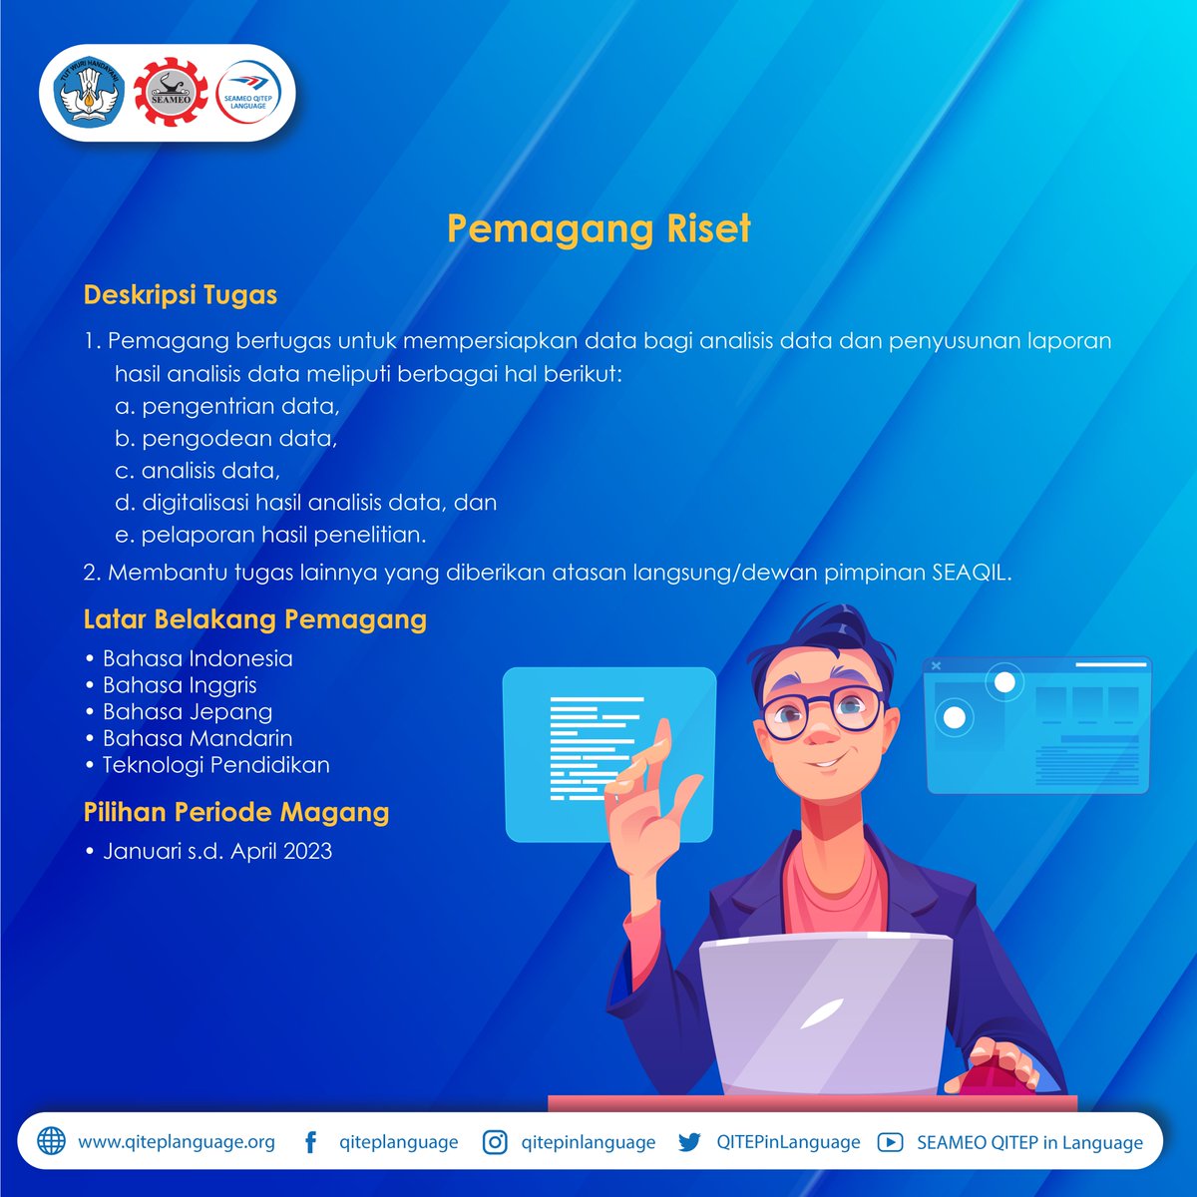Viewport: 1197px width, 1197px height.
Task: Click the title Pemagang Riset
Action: click(x=598, y=228)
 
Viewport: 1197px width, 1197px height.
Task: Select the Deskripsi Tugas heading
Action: click(x=181, y=295)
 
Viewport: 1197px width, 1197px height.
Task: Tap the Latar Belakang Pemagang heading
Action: click(x=255, y=619)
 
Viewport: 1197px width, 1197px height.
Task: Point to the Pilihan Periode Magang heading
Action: click(x=236, y=812)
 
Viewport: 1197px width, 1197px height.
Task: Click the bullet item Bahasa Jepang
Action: click(x=188, y=711)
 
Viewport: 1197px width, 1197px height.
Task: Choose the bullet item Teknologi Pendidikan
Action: click(x=215, y=765)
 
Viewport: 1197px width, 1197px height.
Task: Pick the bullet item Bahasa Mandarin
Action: click(x=198, y=738)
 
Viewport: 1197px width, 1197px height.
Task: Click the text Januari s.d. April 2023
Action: click(x=217, y=851)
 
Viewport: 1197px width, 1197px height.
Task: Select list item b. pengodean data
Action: click(x=226, y=438)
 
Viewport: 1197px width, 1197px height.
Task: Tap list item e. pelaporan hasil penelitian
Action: click(x=270, y=535)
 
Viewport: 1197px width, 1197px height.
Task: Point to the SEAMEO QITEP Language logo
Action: click(x=249, y=93)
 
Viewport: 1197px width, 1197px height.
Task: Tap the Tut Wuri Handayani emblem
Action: click(x=86, y=93)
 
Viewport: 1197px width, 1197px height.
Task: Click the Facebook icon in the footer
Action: click(x=311, y=1142)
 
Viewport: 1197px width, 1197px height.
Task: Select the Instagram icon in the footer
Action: click(x=495, y=1142)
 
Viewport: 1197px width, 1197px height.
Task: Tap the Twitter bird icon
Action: click(x=689, y=1142)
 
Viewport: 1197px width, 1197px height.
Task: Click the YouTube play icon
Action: click(x=890, y=1142)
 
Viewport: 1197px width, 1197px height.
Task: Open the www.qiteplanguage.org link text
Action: click(x=177, y=1142)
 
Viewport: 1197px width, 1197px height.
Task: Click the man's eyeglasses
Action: click(x=820, y=710)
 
